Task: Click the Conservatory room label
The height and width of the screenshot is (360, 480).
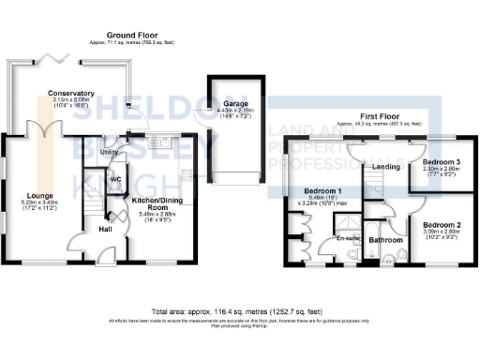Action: (72, 93)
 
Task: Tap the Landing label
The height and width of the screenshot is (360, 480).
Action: (361, 167)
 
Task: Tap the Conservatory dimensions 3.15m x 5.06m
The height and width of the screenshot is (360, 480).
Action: (72, 99)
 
